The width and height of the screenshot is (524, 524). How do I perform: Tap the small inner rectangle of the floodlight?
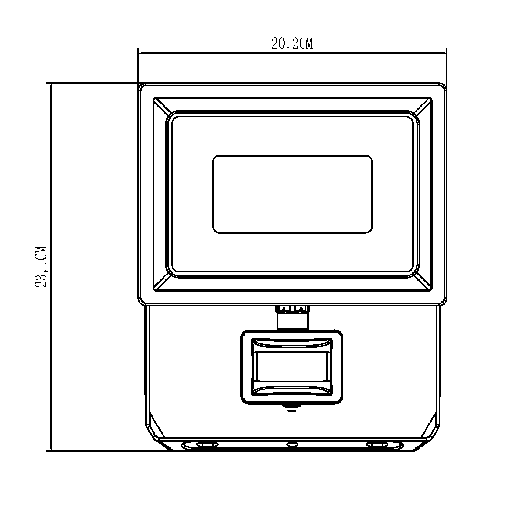pos(292,194)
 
